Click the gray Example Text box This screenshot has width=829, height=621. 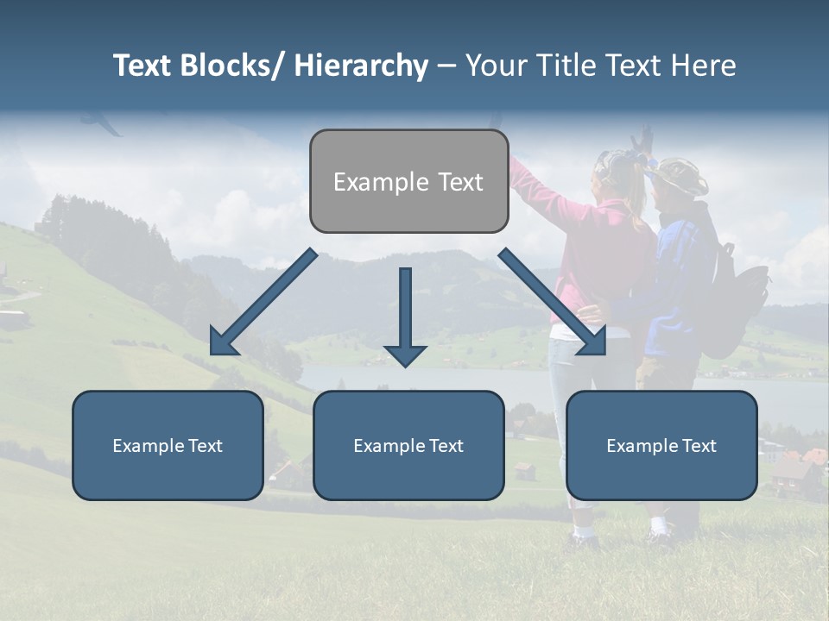pos(408,181)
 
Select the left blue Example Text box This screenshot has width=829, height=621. pos(168,445)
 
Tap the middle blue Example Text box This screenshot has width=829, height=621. pos(408,445)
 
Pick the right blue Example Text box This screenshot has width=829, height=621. pos(661,445)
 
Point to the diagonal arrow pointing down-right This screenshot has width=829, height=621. pos(553,303)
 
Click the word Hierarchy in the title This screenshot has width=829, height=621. pos(361,66)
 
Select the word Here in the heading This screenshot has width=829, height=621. pos(703,66)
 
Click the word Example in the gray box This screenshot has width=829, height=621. pos(369,182)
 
